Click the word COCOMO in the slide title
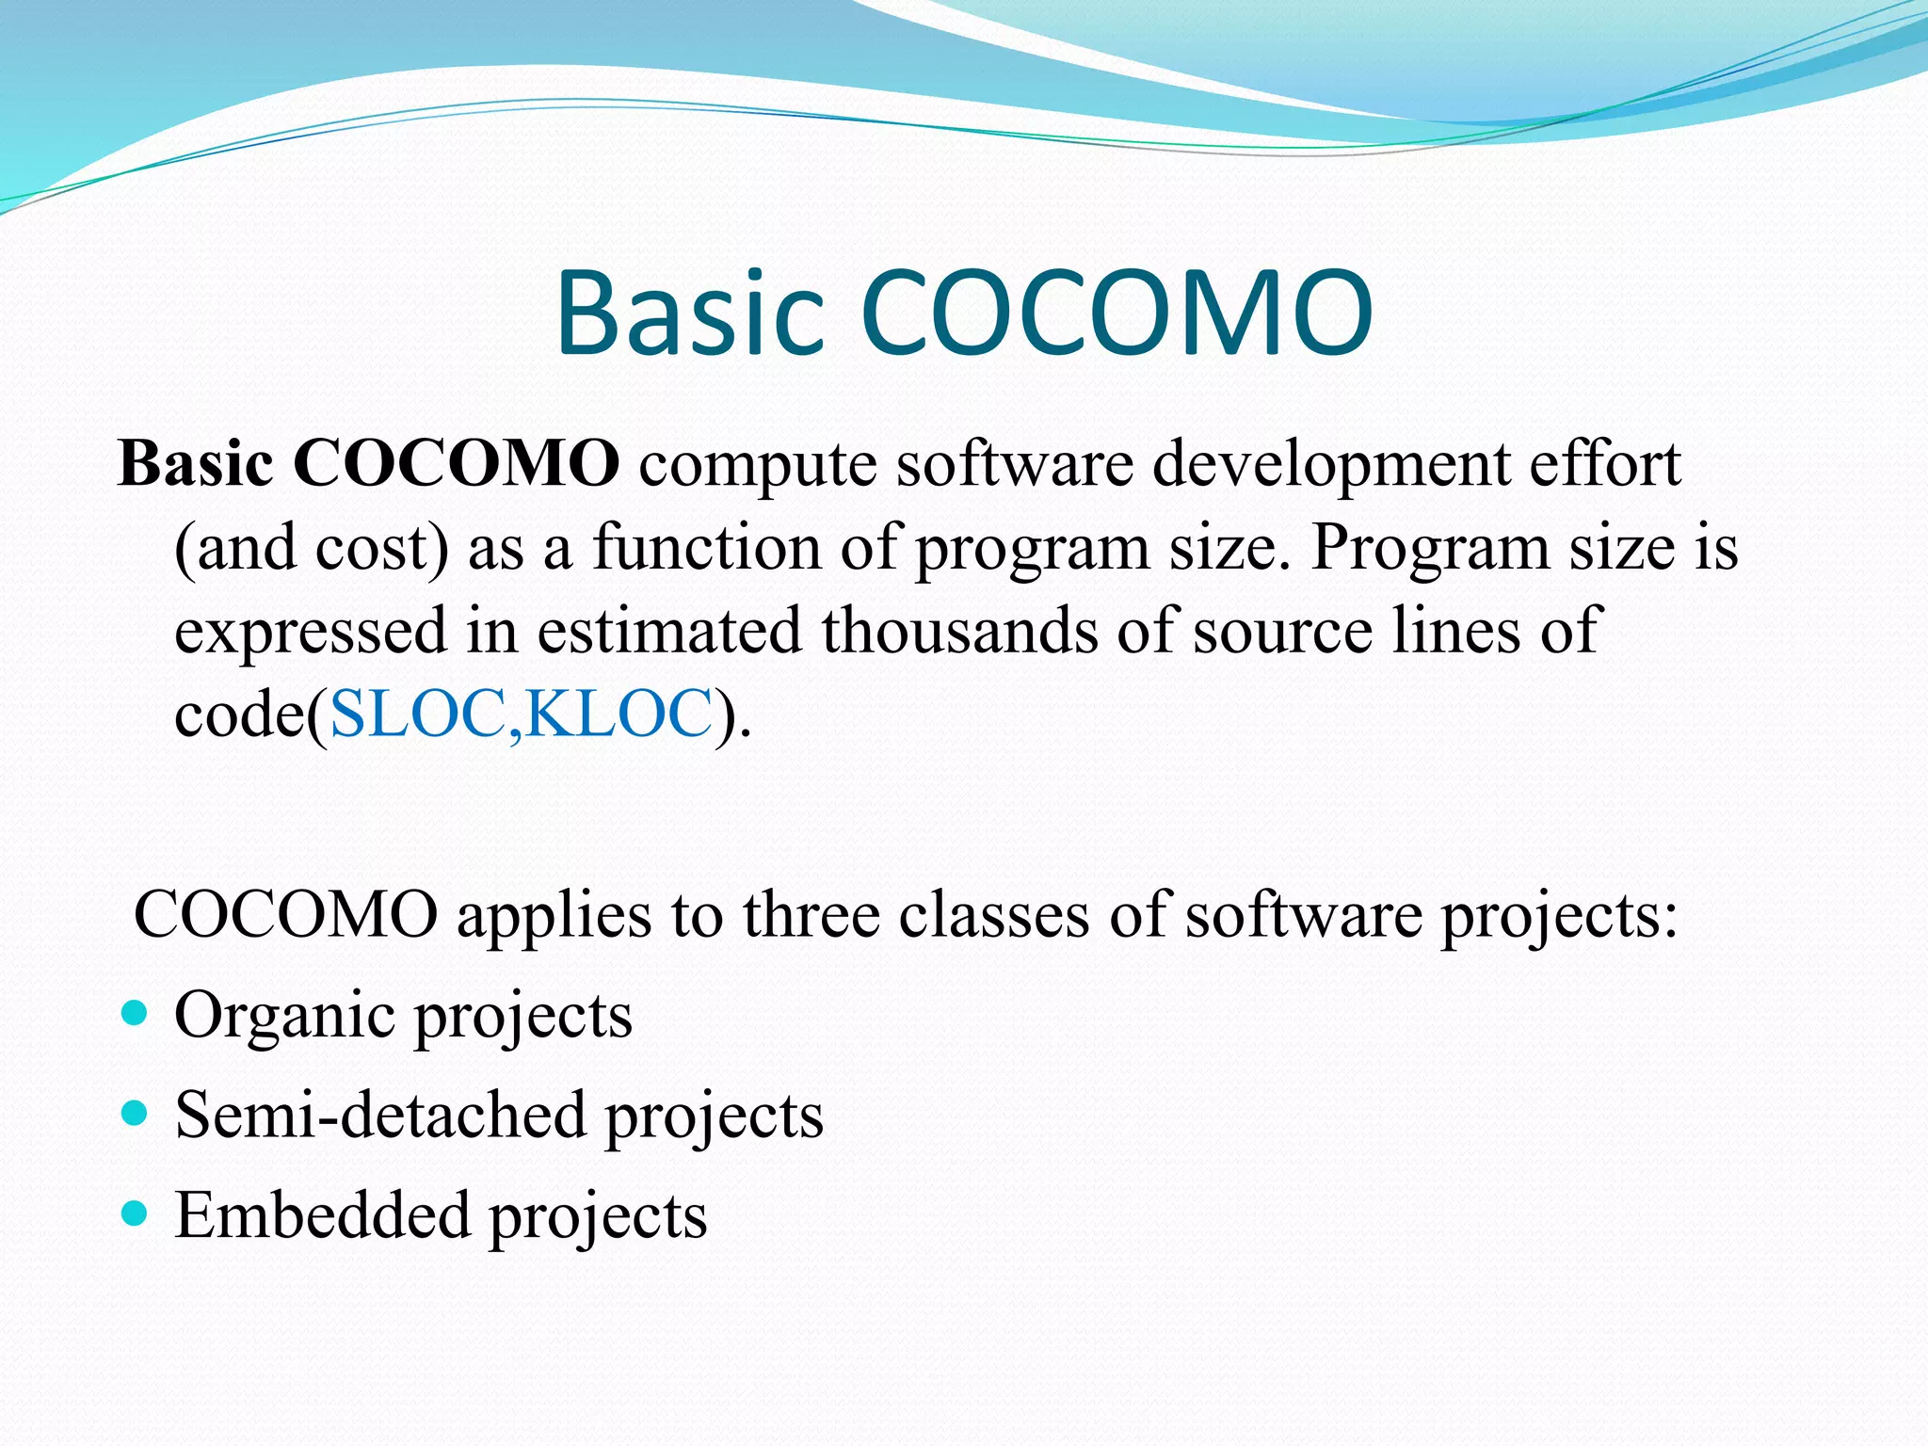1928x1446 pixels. [x=1116, y=313]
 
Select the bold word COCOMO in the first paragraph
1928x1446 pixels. [x=456, y=463]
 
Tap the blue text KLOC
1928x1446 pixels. [x=618, y=714]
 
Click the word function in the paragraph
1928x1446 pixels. [x=706, y=547]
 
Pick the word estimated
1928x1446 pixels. [x=668, y=630]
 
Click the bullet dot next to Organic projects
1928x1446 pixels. [x=136, y=1013]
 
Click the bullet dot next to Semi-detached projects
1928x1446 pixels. [x=136, y=1115]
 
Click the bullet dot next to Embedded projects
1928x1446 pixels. [x=136, y=1214]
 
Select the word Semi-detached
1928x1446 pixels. [x=380, y=1115]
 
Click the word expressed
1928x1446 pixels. [x=311, y=632]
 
